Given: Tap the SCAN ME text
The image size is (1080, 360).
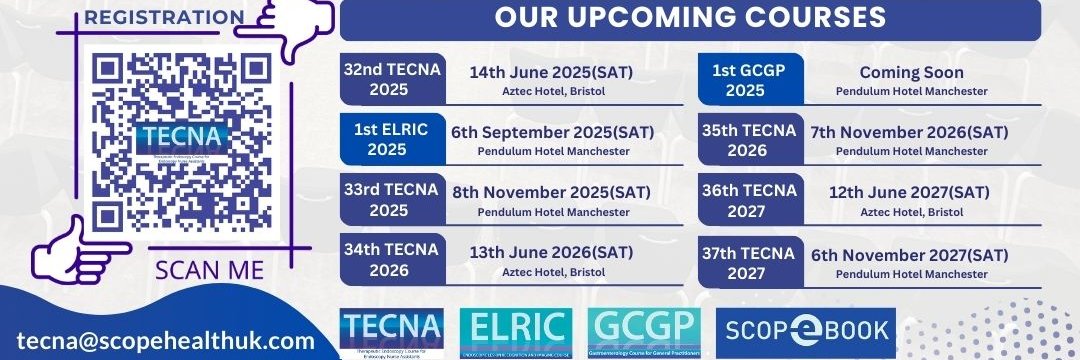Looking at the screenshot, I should click(211, 270).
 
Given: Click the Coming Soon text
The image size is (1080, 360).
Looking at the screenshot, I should click(911, 72).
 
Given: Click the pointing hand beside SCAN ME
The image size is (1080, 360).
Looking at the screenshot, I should click(80, 250).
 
